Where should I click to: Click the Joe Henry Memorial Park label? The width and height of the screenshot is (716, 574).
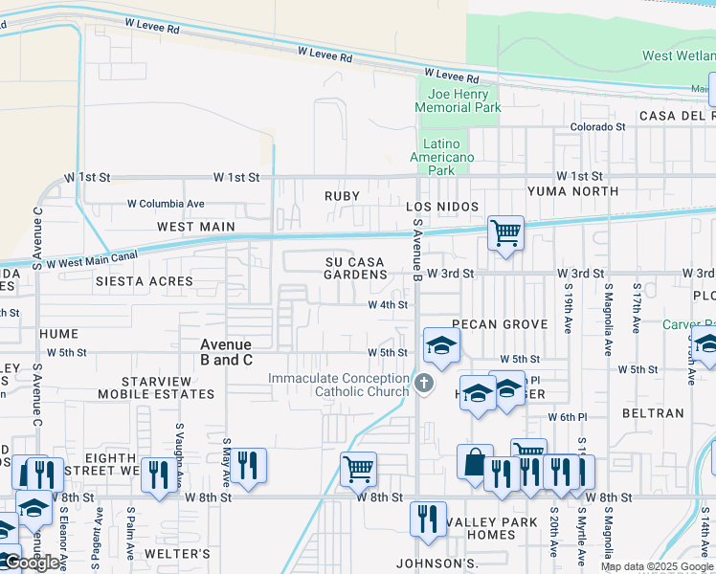click(x=459, y=100)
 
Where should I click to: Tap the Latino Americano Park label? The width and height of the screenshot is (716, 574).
click(x=441, y=157)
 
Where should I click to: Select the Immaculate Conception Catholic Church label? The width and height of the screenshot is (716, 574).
click(x=338, y=385)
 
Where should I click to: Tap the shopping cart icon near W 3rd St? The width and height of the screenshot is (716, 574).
click(x=504, y=232)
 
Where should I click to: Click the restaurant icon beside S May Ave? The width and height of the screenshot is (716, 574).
click(x=247, y=466)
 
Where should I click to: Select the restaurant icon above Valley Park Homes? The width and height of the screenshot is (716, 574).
click(x=428, y=519)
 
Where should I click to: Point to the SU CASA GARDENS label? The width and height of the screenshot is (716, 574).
click(x=355, y=268)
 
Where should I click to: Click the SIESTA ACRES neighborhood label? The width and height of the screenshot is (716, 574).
click(x=144, y=281)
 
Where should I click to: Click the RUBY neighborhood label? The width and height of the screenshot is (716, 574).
click(x=342, y=196)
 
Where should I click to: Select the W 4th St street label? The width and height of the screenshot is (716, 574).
click(x=389, y=305)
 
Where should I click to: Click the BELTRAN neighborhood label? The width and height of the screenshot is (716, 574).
click(x=653, y=413)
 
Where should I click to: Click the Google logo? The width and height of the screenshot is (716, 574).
click(x=32, y=563)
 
